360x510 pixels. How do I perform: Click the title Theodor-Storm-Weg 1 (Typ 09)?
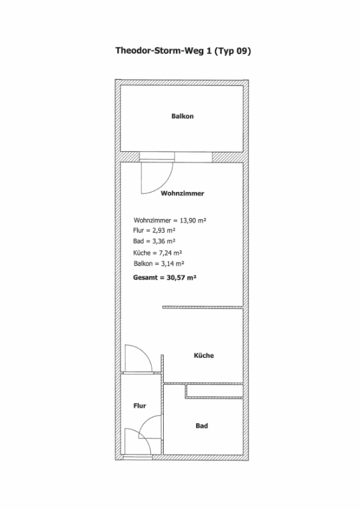point(183,51)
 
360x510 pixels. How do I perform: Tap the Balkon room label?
point(182,116)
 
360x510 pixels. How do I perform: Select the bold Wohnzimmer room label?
point(182,193)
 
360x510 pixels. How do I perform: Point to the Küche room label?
point(204,355)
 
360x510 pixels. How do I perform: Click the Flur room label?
point(140,405)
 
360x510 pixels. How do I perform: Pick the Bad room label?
point(201,426)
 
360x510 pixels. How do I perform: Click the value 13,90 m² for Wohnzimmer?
point(193,221)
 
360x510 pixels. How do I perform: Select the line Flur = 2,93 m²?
point(154,231)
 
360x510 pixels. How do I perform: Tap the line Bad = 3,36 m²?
point(154,242)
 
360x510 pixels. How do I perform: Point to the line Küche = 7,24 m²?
point(157,252)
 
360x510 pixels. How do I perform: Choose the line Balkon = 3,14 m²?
point(159,264)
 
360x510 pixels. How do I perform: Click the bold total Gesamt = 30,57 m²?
point(165,277)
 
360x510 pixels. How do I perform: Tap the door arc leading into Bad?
point(145,422)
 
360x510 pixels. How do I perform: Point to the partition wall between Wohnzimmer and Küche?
point(203,307)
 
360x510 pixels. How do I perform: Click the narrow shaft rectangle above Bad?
point(214,391)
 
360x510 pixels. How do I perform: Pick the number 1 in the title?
point(209,51)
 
